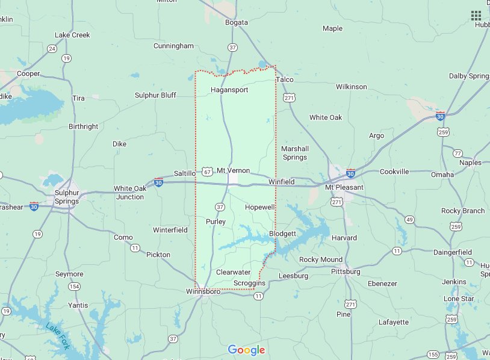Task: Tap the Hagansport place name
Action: [229, 90]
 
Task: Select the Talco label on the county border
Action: [284, 79]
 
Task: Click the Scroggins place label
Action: [249, 283]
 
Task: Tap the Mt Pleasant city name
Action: [344, 187]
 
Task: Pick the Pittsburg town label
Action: [346, 272]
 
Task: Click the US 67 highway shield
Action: [207, 171]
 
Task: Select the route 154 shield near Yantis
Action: [74, 286]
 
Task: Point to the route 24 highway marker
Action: [52, 49]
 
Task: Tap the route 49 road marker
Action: [409, 219]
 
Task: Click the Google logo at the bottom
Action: [246, 350]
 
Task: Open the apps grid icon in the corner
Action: [476, 15]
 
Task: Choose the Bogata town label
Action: [235, 22]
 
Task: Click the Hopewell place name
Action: [260, 207]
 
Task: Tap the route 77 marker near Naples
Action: [457, 154]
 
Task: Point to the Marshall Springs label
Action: [295, 153]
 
